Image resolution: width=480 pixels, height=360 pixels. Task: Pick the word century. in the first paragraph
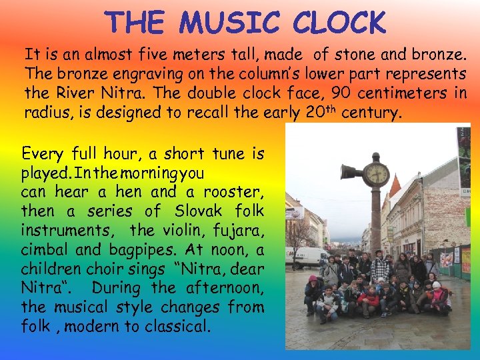(371, 113)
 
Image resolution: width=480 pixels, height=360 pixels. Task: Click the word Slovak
(201, 211)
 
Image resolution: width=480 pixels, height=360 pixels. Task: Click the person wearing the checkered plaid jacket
(380, 267)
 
